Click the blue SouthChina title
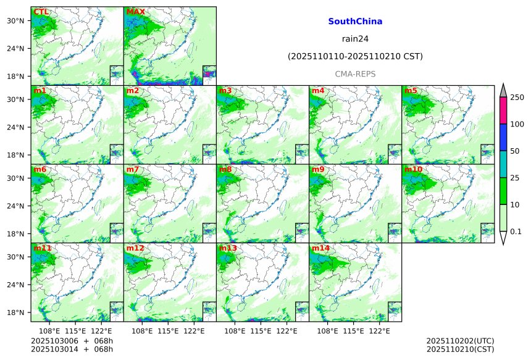355,22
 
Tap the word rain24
355,39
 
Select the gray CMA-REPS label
355,74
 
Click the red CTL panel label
41,12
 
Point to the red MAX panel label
135,12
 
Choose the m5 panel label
411,91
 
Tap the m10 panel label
413,169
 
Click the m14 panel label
320,248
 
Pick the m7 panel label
133,169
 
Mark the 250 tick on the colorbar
517,98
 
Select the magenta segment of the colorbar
503,111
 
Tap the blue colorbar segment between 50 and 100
503,138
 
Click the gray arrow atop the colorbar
503,90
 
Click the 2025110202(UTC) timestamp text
460,341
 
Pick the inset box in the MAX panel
209,72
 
